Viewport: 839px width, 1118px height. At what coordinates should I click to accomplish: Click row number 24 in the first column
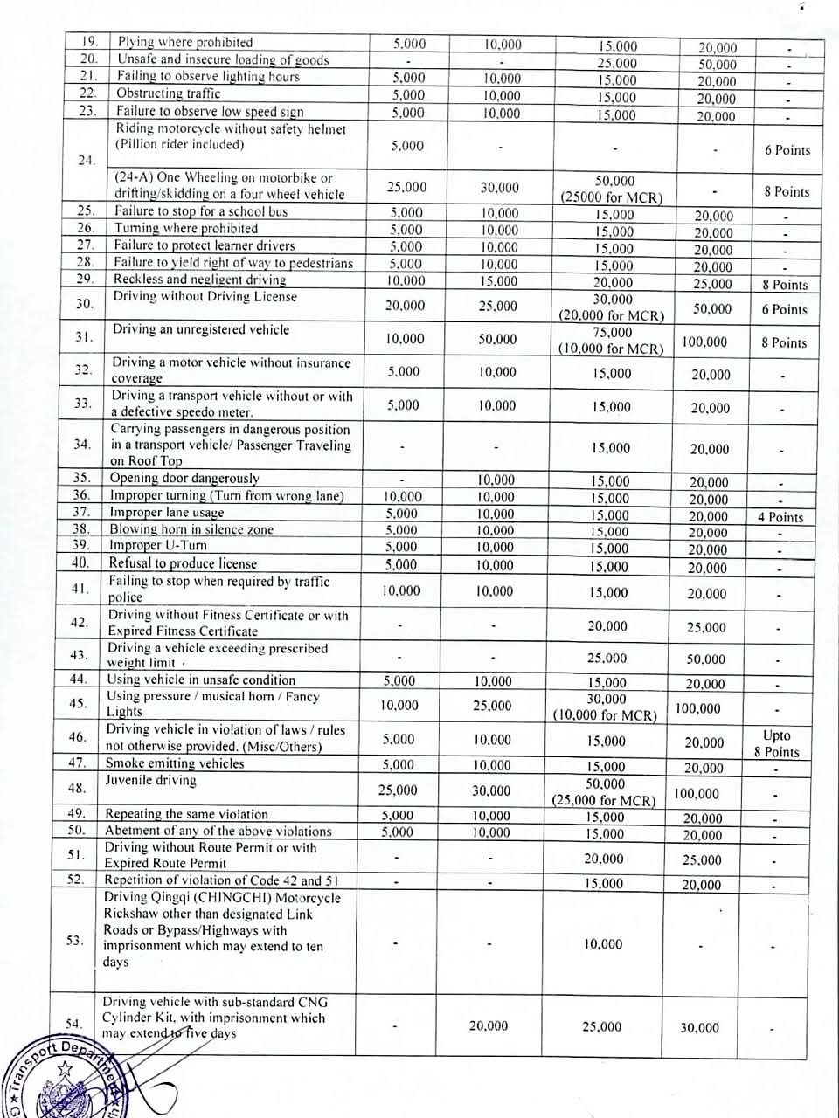(x=86, y=161)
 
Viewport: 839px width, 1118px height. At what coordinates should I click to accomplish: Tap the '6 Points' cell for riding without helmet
(x=787, y=150)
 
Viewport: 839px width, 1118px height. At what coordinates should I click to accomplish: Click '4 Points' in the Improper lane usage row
(x=780, y=517)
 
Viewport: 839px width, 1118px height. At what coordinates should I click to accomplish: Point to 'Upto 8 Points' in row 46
(x=776, y=744)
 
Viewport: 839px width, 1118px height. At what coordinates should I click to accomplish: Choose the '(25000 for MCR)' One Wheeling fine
(x=611, y=197)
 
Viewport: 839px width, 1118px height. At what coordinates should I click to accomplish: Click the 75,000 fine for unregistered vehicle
(x=611, y=332)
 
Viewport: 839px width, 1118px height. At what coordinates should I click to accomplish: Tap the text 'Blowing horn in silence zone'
(x=191, y=529)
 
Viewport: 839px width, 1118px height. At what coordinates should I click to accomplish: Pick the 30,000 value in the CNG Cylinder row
(x=699, y=1028)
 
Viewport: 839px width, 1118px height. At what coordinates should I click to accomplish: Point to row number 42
(x=79, y=623)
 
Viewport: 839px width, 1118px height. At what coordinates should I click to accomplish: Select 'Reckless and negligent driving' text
(x=199, y=279)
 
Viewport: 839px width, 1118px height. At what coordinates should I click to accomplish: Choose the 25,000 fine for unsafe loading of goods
(x=617, y=63)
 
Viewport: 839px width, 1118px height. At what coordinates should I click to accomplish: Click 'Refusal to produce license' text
(x=183, y=563)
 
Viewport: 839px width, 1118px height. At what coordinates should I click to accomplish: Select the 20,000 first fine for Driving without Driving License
(x=405, y=306)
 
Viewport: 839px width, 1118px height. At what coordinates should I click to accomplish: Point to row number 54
(x=73, y=1024)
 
